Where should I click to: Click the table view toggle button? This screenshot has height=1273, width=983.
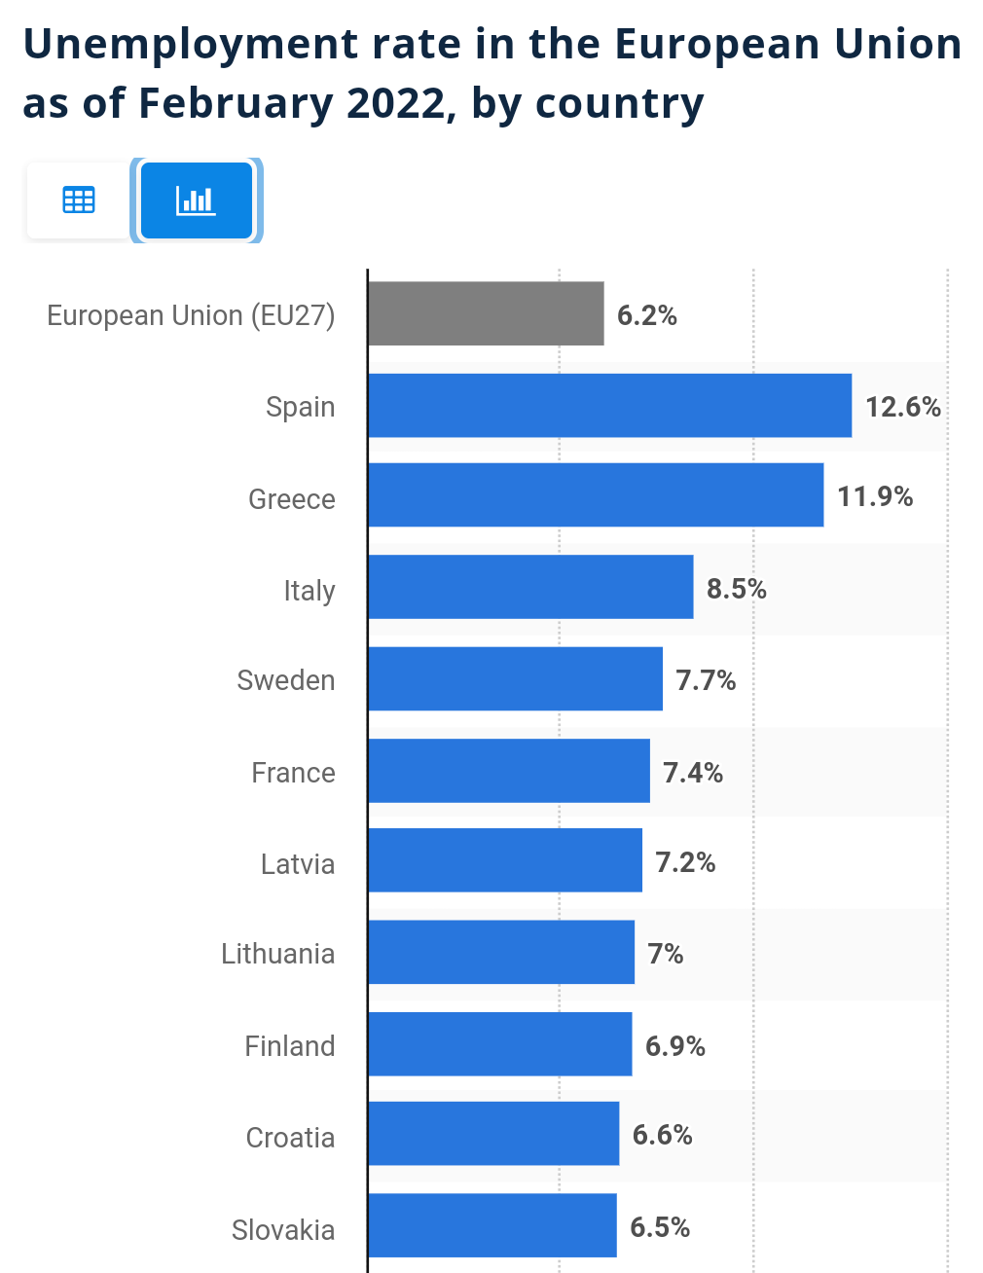pyautogui.click(x=79, y=200)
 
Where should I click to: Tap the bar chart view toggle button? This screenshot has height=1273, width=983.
pyautogui.click(x=196, y=200)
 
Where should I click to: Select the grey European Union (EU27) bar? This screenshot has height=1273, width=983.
pyautogui.click(x=486, y=313)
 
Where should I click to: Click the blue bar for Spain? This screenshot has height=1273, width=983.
pyautogui.click(x=609, y=405)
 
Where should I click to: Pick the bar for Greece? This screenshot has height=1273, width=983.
pyautogui.click(x=596, y=494)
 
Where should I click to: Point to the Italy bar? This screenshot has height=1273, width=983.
pyautogui.click(x=530, y=587)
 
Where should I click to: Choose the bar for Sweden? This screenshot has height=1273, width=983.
pyautogui.click(x=515, y=678)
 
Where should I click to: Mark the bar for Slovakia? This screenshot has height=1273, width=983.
pyautogui.click(x=491, y=1225)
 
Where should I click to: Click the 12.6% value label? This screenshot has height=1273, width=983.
pyautogui.click(x=903, y=406)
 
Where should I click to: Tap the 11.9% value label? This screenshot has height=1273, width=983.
pyautogui.click(x=875, y=496)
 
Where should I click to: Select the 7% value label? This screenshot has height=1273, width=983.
pyautogui.click(x=666, y=954)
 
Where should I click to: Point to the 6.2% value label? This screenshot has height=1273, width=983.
pyautogui.click(x=647, y=315)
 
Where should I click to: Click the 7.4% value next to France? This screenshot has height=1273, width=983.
pyautogui.click(x=693, y=773)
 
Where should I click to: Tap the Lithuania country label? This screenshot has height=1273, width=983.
pyautogui.click(x=277, y=954)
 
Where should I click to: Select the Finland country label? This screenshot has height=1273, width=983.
pyautogui.click(x=289, y=1046)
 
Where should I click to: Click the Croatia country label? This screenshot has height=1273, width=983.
pyautogui.click(x=290, y=1138)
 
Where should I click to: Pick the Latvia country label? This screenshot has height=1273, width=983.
pyautogui.click(x=297, y=864)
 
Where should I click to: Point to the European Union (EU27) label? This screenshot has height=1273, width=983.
pyautogui.click(x=191, y=315)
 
